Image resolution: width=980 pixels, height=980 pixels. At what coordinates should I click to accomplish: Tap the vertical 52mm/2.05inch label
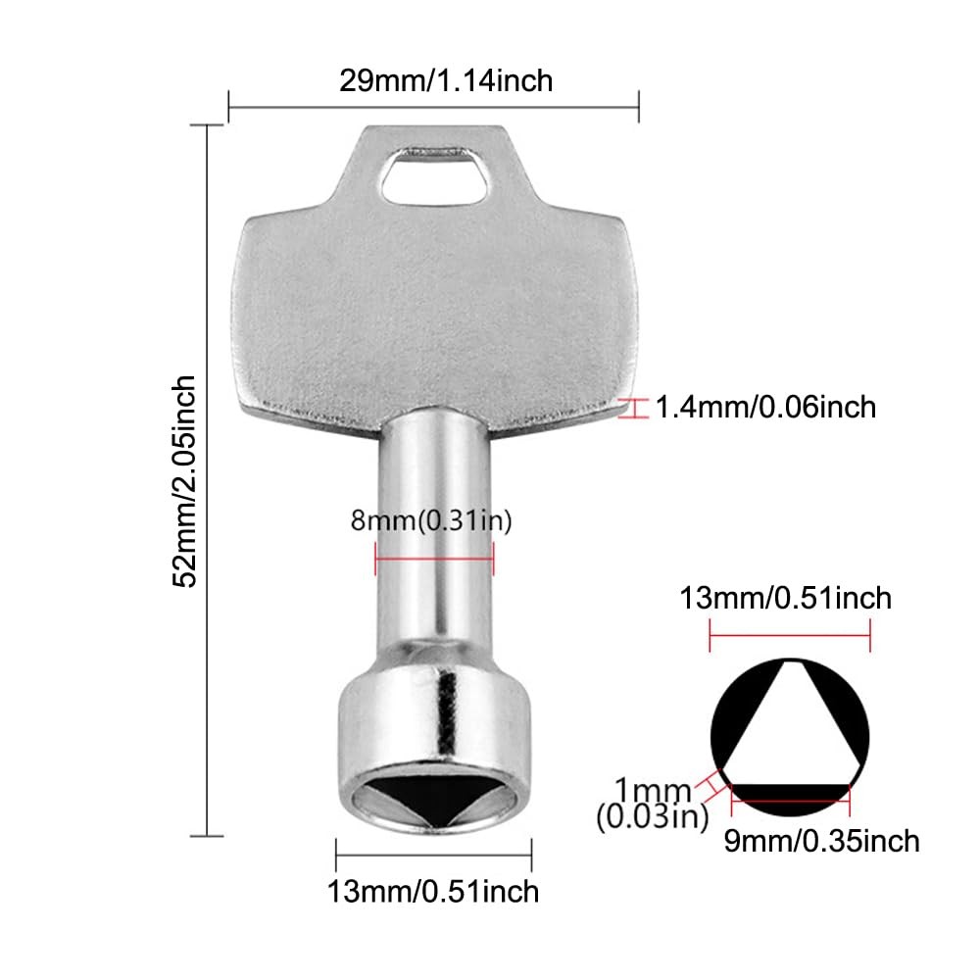(185, 481)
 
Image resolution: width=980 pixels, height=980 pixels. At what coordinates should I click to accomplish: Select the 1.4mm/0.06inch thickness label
(765, 406)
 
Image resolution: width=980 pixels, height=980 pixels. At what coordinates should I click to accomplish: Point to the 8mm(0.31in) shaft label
(432, 520)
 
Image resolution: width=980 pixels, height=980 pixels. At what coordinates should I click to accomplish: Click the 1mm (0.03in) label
(652, 803)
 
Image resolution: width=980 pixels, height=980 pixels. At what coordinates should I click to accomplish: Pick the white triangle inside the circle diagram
(790, 725)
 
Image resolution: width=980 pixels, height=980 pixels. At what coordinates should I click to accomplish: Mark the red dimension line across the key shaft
(434, 560)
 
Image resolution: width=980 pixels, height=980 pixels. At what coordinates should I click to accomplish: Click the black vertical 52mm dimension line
(207, 480)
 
